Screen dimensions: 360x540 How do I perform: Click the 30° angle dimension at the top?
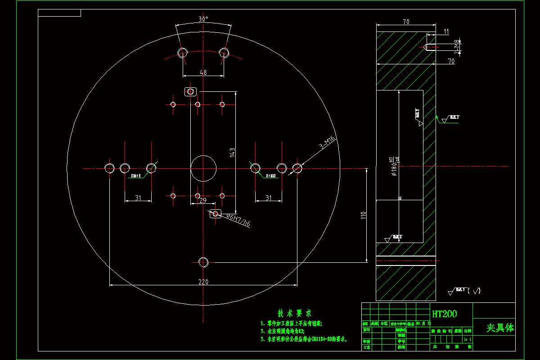pyautogui.click(x=203, y=19)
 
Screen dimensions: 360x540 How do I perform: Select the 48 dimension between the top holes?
pyautogui.click(x=203, y=72)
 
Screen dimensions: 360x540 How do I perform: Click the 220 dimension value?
pyautogui.click(x=204, y=282)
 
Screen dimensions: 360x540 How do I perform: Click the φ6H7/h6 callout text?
pyautogui.click(x=238, y=220)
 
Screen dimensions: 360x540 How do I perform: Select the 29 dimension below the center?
pyautogui.click(x=202, y=200)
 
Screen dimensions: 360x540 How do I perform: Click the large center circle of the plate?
pyautogui.click(x=203, y=168)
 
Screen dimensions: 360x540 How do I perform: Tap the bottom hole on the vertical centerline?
pyautogui.click(x=203, y=262)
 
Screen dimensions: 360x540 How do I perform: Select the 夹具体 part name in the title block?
pyautogui.click(x=499, y=328)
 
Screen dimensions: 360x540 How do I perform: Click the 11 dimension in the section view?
pyautogui.click(x=446, y=31)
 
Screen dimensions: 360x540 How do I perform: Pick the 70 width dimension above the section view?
pyautogui.click(x=405, y=21)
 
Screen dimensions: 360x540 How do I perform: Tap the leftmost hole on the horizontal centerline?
pyautogui.click(x=109, y=168)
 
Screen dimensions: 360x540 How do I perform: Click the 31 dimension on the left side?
pyautogui.click(x=138, y=198)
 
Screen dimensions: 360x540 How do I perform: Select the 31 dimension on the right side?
pyautogui.click(x=269, y=198)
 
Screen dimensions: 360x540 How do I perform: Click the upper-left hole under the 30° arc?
pyautogui.click(x=182, y=53)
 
